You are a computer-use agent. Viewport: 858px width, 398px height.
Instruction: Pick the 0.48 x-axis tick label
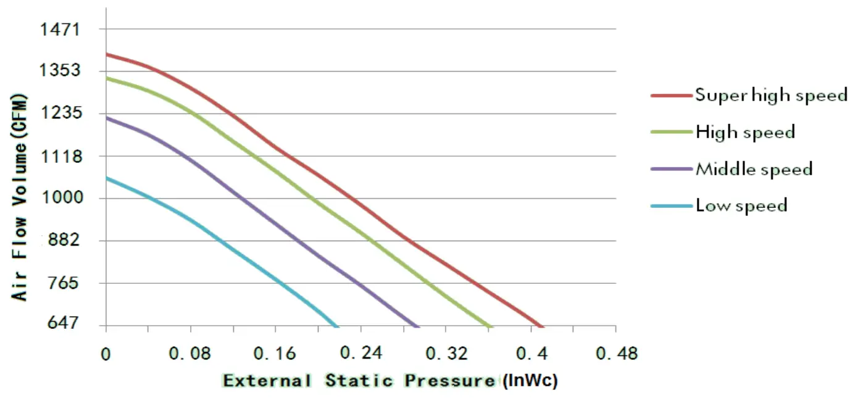coord(616,354)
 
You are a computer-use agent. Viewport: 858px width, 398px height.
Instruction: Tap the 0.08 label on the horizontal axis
coord(191,354)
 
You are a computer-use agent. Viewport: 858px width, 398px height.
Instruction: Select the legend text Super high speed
coord(771,96)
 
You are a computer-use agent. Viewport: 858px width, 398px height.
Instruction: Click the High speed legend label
coord(745,132)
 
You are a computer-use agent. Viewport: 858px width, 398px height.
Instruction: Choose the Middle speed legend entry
coord(754,168)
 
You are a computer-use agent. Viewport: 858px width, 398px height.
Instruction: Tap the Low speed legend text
coord(741,205)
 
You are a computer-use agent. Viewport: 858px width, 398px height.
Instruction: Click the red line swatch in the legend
coord(671,96)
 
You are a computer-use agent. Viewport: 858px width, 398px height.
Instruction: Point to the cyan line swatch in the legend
coord(671,205)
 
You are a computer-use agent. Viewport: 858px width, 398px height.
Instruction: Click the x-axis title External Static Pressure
coord(360,381)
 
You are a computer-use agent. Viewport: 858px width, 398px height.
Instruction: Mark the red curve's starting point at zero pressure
coord(107,54)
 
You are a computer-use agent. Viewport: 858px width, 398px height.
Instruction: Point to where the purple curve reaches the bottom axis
coord(419,326)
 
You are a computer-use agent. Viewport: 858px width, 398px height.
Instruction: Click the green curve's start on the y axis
coord(107,78)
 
